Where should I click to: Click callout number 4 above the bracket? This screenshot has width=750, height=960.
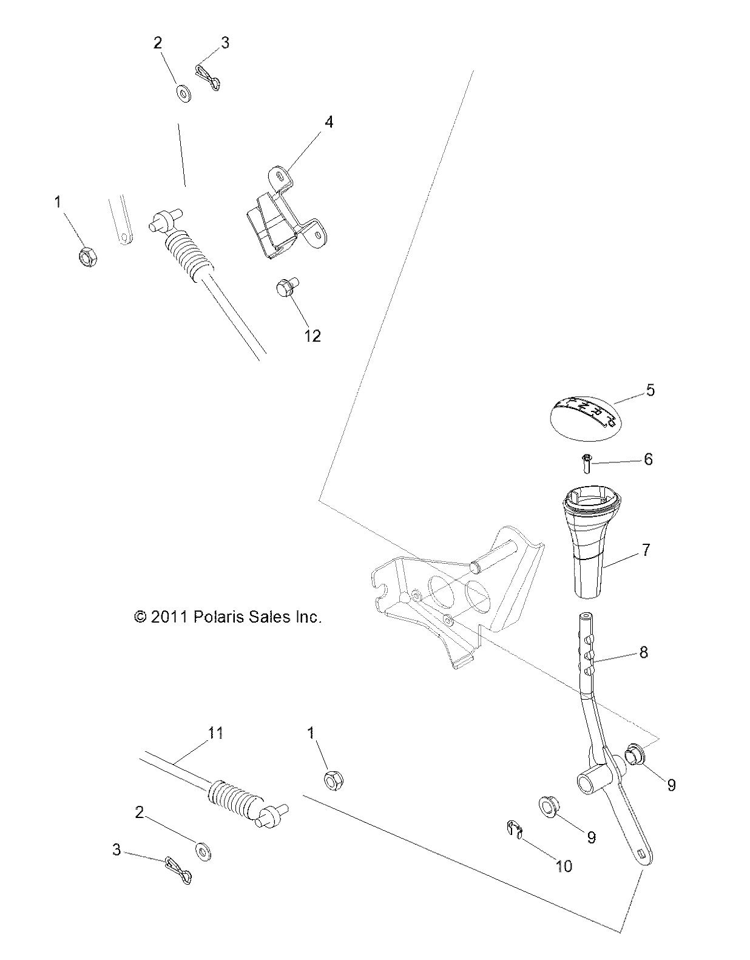(x=328, y=122)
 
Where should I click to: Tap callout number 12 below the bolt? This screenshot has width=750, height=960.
(x=312, y=336)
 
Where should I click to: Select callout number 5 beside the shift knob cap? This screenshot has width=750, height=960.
(x=650, y=390)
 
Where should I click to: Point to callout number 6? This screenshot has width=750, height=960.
(x=648, y=459)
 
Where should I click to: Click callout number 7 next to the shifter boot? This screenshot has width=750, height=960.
(x=646, y=550)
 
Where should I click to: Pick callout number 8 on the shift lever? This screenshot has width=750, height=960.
(x=644, y=652)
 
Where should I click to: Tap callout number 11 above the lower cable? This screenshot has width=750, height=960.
(x=215, y=734)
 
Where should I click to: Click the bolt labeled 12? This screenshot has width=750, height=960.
(x=285, y=287)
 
